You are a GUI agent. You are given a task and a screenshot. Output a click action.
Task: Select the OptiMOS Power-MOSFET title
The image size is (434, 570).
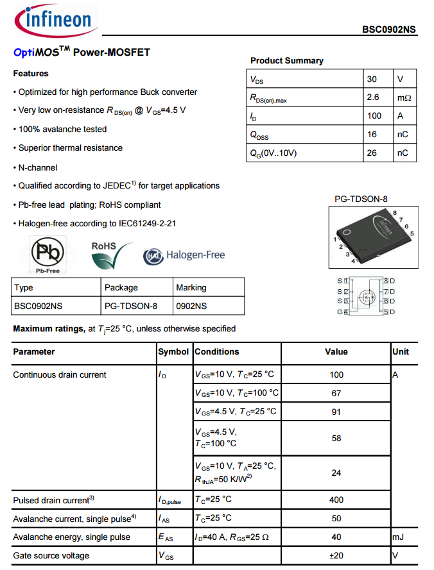[82, 52]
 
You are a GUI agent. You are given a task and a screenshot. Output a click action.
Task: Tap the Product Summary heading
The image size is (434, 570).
[286, 60]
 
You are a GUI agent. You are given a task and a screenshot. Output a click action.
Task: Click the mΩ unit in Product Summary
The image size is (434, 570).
[404, 98]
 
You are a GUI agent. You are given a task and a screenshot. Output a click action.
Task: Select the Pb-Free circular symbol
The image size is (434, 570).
[48, 253]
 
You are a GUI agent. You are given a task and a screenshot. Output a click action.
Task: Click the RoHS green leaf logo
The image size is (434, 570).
[110, 256]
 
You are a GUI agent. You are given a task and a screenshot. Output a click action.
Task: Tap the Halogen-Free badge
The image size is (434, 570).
[184, 255]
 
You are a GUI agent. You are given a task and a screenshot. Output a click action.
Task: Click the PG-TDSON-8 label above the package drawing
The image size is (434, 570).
[361, 199]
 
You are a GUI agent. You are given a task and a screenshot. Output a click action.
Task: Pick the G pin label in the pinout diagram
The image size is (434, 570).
[340, 312]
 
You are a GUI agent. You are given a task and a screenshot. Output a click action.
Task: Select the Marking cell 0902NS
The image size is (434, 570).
[191, 306]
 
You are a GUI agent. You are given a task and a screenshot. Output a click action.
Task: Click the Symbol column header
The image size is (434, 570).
[173, 352]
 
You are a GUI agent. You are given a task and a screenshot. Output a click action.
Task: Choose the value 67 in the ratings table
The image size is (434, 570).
[336, 393]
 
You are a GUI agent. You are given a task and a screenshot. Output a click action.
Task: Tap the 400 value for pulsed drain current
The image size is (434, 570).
[336, 499]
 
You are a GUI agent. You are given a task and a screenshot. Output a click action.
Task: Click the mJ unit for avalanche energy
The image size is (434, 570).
[399, 537]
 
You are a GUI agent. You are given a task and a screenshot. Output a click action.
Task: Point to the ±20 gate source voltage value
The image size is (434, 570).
[336, 555]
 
